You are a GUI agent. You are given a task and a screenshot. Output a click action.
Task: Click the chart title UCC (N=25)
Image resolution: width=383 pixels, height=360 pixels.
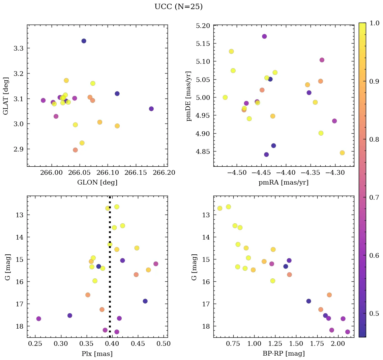coord(178,7)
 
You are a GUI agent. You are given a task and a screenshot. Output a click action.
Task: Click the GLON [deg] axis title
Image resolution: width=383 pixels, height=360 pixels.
coord(97,183)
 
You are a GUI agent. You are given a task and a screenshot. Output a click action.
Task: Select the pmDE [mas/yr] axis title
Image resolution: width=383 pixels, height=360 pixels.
coord(188,96)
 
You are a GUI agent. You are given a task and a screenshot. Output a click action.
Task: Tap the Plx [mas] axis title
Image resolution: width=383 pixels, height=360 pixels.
coord(97,354)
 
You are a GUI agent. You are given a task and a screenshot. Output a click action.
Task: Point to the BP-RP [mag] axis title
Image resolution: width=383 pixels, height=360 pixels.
coord(284,354)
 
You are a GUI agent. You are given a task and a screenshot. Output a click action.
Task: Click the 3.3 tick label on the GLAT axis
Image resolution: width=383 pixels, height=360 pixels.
coord(19,48)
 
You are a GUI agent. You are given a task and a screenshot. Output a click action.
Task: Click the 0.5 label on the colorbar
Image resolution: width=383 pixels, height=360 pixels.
coord(374,314)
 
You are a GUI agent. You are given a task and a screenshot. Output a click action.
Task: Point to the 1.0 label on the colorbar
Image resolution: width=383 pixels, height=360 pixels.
coord(374,23)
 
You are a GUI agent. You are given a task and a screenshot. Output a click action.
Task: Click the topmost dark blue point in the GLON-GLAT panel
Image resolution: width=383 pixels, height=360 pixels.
coord(84,41)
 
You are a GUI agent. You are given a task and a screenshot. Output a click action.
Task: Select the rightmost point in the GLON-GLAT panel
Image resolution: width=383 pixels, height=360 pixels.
coord(151,109)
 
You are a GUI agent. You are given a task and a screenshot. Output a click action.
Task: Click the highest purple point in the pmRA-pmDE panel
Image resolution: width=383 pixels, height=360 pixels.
coord(264,36)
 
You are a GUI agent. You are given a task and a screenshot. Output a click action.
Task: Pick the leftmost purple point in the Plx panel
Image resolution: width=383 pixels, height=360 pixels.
coord(39,319)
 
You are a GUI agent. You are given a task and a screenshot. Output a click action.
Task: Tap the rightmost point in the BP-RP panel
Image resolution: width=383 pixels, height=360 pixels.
coord(348,332)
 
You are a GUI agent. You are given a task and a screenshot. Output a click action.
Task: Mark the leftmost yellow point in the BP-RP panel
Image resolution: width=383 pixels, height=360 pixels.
coord(220,208)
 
